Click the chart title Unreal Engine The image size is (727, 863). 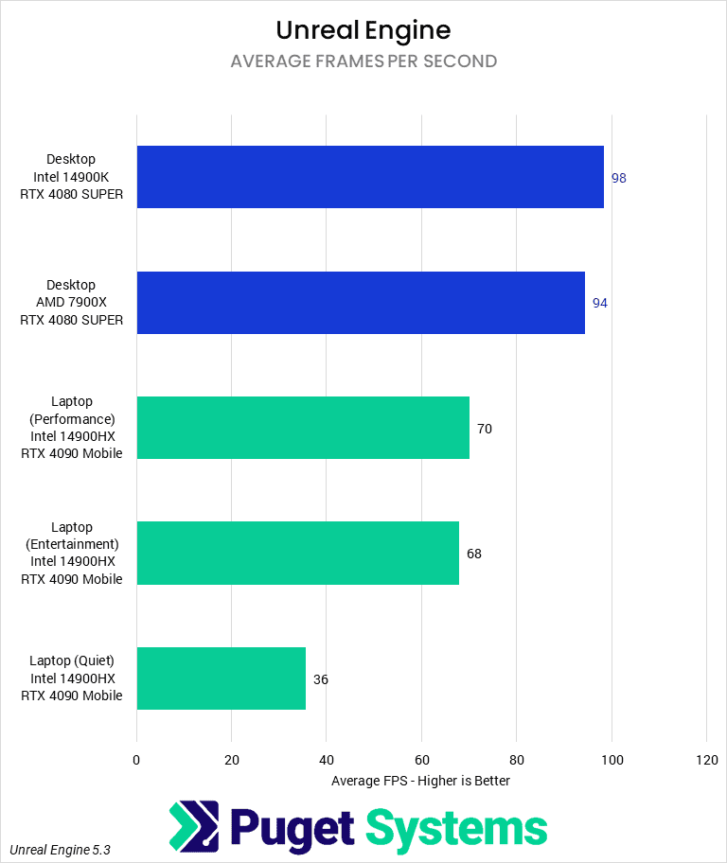coord(363,29)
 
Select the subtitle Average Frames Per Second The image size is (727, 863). coord(363,62)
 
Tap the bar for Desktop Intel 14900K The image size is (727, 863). coord(370,177)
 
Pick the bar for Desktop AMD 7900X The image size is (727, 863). coord(361,303)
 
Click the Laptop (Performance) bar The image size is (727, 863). coord(303,428)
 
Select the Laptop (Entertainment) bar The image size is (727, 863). coord(298,553)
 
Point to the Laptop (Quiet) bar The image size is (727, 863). coord(222,678)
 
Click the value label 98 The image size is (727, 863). coord(619,178)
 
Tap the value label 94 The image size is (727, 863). coord(600,304)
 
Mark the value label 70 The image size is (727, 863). coord(485,429)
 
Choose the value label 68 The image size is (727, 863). coord(474,554)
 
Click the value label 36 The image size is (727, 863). coord(321,679)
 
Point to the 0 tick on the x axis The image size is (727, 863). coord(136,759)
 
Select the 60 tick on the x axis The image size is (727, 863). coord(421,759)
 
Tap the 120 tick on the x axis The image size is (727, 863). coord(706,759)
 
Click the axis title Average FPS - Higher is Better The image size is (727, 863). coord(421,781)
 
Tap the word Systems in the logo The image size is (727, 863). coord(456,828)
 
